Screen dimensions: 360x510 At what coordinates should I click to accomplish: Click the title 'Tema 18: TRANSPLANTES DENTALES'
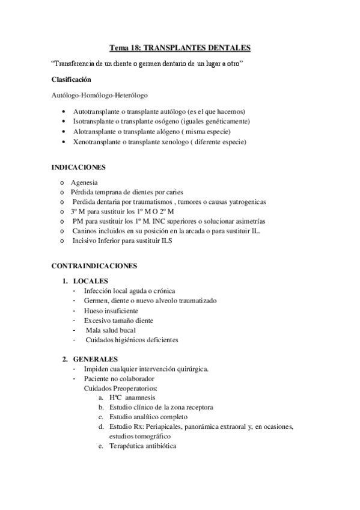click(x=180, y=47)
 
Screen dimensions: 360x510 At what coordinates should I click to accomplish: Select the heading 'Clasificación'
click(x=72, y=79)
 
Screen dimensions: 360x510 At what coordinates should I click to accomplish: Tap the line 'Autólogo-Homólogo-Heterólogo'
click(x=100, y=95)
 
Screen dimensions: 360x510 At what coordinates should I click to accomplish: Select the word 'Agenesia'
click(x=85, y=182)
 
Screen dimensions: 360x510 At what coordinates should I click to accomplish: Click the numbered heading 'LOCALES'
click(x=90, y=281)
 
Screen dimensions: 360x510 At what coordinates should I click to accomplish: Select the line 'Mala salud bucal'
click(x=111, y=330)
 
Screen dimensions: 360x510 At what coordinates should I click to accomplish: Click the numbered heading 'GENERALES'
click(x=95, y=359)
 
